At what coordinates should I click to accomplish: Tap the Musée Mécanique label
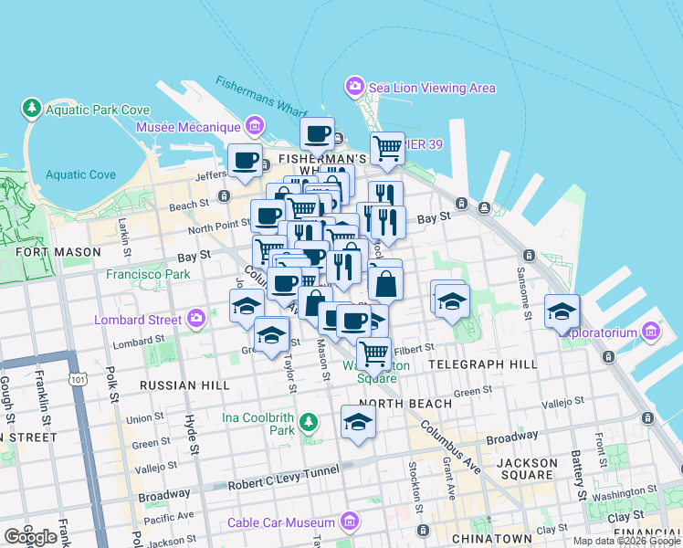pos(188,127)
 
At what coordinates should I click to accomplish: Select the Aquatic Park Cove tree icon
pos(32,109)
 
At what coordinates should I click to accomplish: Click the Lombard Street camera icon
pos(195,319)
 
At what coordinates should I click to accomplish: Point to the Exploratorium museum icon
pos(651,330)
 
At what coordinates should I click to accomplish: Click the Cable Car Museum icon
pos(348,522)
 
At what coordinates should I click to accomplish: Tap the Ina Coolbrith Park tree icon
pos(310,422)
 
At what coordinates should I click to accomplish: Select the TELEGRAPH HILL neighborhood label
pos(483,364)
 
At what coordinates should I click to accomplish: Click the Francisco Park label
pos(148,273)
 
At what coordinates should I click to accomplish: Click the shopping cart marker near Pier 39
pos(388,148)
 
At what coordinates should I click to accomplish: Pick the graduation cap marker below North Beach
pos(358,422)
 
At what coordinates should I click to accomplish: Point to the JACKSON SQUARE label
pos(527,469)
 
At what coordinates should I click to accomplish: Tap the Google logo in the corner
pos(30,537)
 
